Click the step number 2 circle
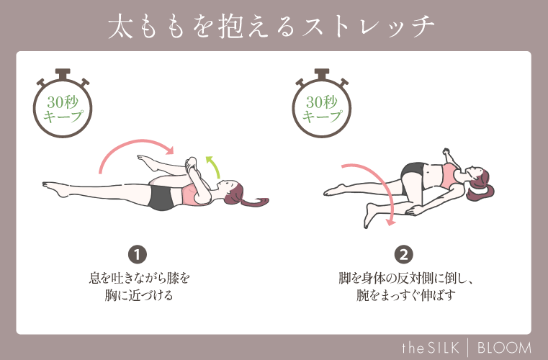[405, 253]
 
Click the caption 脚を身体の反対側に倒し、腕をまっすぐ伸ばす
[405, 286]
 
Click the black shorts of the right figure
[414, 173]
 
